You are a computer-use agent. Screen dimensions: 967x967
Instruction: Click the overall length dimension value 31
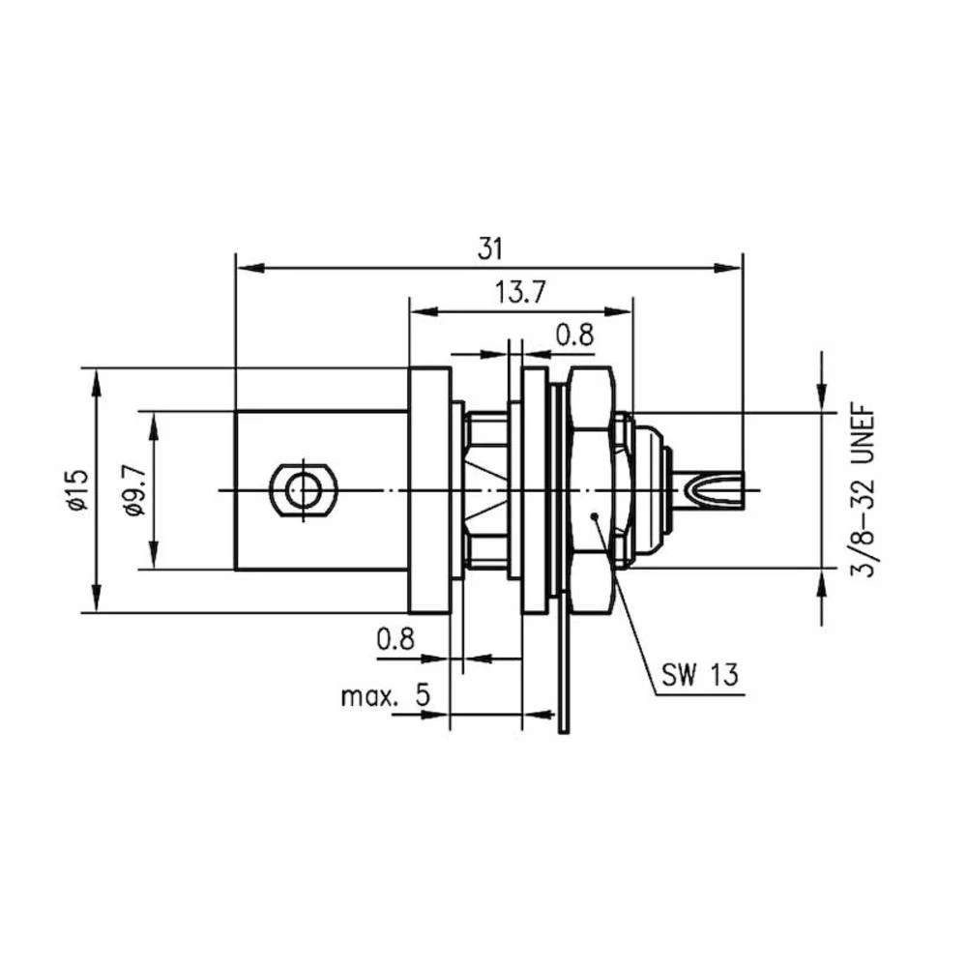coord(490,249)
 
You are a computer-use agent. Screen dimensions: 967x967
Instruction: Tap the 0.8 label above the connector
coord(574,335)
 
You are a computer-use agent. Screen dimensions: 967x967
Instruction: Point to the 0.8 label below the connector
coord(396,639)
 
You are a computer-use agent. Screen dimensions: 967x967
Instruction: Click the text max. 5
coord(384,696)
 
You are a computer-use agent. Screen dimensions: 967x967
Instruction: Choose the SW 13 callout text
coord(701,673)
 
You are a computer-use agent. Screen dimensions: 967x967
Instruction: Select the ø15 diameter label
coord(77,490)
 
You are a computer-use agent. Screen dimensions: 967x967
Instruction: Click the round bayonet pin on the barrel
coord(304,490)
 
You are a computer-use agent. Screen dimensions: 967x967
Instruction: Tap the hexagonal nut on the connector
coord(591,490)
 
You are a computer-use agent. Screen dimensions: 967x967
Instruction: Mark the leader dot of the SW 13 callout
coord(596,517)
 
